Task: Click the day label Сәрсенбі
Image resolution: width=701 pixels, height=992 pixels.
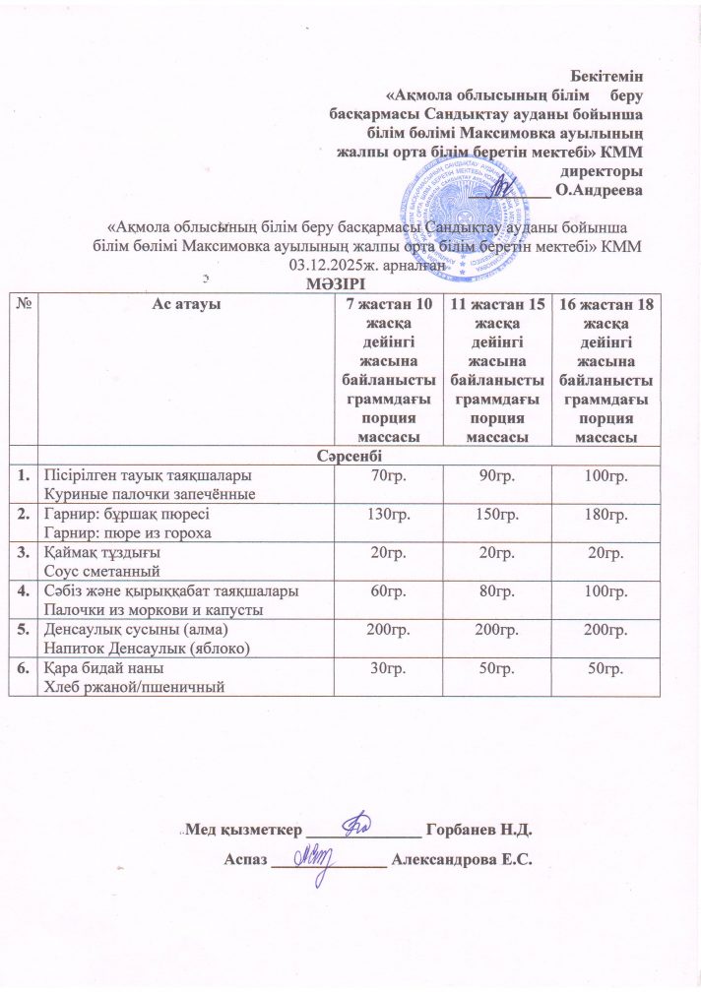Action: point(350,458)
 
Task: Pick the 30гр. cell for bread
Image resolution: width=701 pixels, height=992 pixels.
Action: point(387,670)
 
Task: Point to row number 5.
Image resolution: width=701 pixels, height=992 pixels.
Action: point(22,632)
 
